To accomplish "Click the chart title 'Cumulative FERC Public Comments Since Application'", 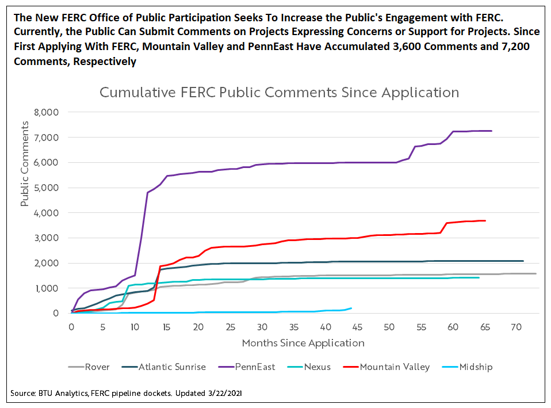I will click(x=279, y=92).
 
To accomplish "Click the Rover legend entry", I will click(x=97, y=367).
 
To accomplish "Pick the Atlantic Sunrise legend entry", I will click(x=173, y=367).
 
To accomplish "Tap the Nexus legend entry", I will click(x=317, y=367).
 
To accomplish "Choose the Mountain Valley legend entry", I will click(x=395, y=367).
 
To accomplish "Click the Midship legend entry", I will click(x=476, y=367).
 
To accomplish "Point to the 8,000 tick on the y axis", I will click(x=47, y=112).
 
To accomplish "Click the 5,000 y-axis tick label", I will click(x=47, y=188).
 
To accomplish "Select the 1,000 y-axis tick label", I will click(x=47, y=288).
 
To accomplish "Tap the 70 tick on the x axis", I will click(x=516, y=327).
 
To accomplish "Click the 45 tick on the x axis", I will click(x=357, y=327).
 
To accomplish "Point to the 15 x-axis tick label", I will click(x=166, y=327).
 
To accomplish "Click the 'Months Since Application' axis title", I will click(x=303, y=343).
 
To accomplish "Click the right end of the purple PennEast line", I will click(x=491, y=131).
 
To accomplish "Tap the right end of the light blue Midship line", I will click(x=351, y=308).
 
